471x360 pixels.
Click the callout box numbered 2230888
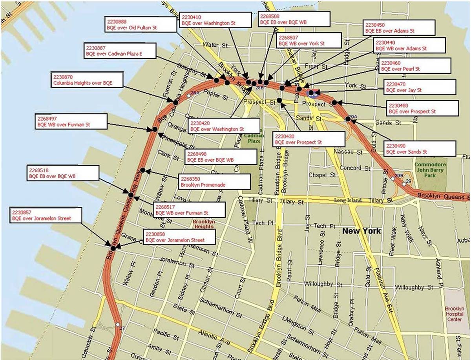[142, 24]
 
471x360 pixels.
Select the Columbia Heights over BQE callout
[87, 80]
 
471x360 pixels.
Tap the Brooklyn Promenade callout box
[214, 181]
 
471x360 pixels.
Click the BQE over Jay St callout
[420, 87]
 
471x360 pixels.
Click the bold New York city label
[361, 231]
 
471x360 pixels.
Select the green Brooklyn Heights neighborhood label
[203, 224]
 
